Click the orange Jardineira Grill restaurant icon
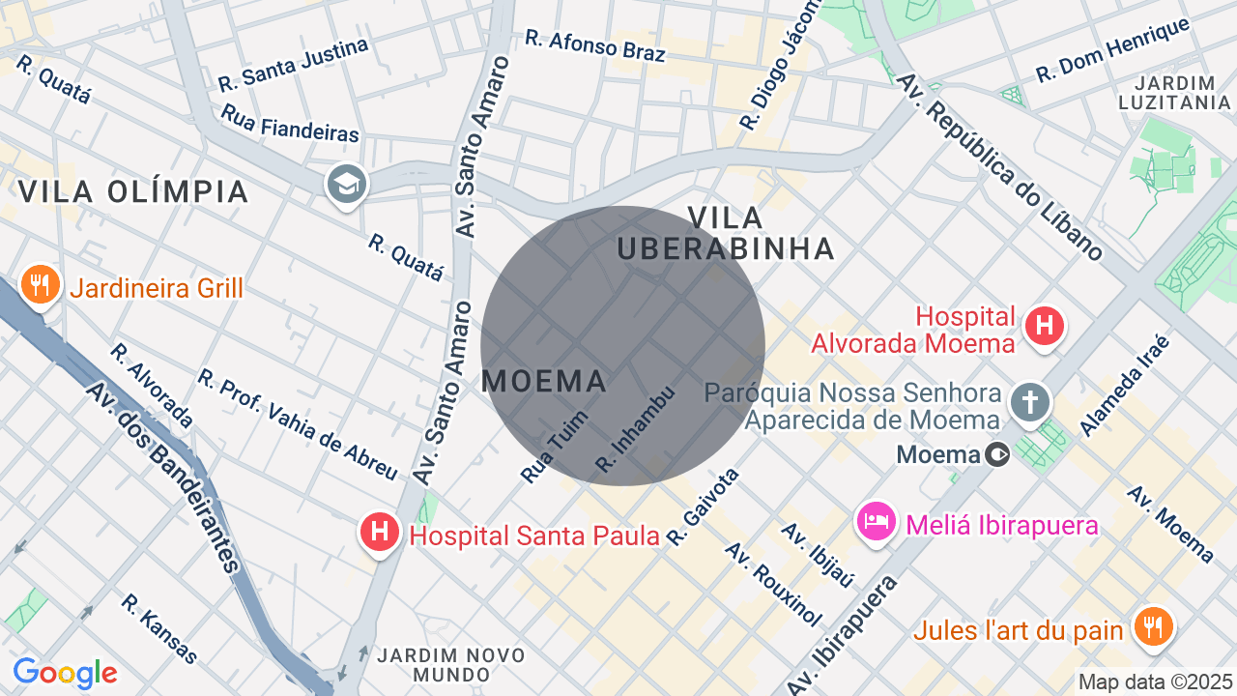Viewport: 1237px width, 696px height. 40,285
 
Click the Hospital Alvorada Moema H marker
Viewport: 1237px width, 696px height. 1044,326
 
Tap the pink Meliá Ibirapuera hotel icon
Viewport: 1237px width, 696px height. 876,522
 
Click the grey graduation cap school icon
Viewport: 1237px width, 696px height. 346,183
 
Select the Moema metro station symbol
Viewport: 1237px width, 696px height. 999,453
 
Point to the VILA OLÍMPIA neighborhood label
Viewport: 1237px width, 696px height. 133,191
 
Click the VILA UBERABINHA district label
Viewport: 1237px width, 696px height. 726,233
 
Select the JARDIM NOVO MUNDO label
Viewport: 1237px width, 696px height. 451,664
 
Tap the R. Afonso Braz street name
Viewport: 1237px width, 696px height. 595,45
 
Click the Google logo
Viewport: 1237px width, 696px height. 65,673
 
